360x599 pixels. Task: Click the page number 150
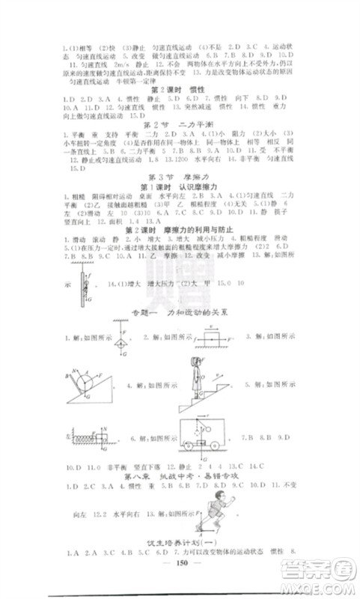(x=180, y=568)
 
